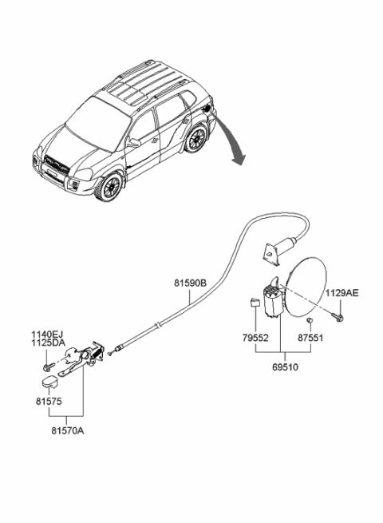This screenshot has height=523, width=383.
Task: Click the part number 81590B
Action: point(190,281)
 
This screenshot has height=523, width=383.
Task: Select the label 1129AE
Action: point(341,293)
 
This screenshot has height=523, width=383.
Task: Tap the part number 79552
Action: point(255,338)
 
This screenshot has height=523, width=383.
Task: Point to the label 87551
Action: point(311,338)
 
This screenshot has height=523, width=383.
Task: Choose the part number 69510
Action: point(284,369)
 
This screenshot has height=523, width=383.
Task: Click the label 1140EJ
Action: point(47,335)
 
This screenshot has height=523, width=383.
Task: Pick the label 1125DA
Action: point(47,343)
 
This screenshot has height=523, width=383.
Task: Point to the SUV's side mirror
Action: point(133,143)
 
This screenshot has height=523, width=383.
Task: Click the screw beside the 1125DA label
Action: point(49,365)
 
